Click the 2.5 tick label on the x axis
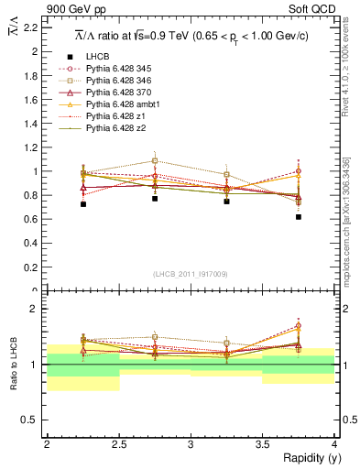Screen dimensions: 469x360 (x=118, y=444)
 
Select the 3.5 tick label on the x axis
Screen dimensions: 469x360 (x=262, y=444)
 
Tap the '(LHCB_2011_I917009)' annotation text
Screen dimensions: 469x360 (x=191, y=274)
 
